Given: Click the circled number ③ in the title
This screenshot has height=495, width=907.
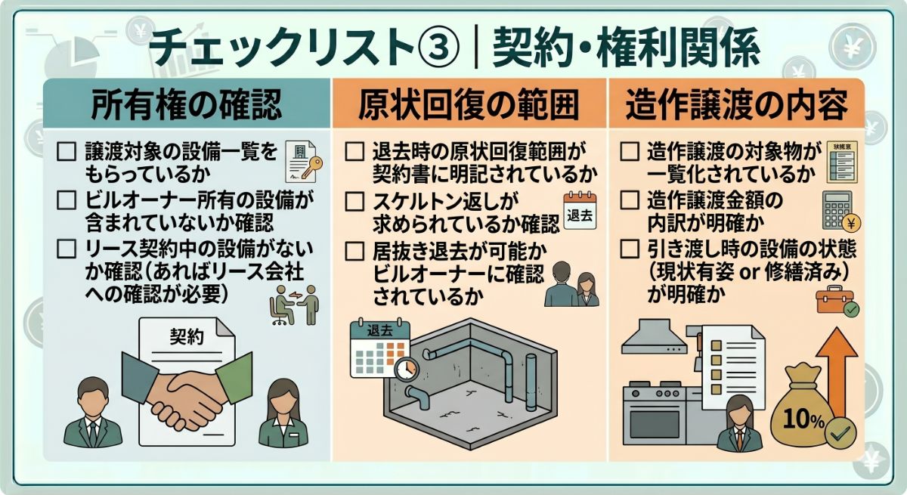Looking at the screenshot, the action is [440, 46].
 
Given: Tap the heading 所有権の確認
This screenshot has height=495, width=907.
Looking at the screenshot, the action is [186, 104].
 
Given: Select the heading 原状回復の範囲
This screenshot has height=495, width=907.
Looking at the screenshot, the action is [469, 104].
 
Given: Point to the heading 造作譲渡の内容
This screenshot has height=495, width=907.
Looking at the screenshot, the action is [736, 104].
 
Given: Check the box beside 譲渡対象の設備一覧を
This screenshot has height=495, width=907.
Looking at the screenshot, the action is [67, 152].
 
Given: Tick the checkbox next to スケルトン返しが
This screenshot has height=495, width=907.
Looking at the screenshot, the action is [354, 201].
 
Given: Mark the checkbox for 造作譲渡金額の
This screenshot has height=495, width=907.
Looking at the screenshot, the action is [630, 200].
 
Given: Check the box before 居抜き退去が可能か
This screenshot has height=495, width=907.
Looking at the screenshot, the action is [354, 252].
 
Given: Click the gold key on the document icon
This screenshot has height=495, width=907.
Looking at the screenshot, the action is [311, 167].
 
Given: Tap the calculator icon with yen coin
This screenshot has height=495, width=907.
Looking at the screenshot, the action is [841, 211].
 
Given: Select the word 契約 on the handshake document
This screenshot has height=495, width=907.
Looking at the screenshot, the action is [186, 337].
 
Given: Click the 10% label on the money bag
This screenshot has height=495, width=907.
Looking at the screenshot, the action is [803, 419].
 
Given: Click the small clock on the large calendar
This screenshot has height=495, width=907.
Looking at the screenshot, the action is [406, 369].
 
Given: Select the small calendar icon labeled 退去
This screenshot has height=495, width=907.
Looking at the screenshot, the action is [580, 210].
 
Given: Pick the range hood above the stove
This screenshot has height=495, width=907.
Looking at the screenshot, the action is [655, 337].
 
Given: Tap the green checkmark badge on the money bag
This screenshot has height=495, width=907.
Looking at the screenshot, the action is [840, 433].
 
